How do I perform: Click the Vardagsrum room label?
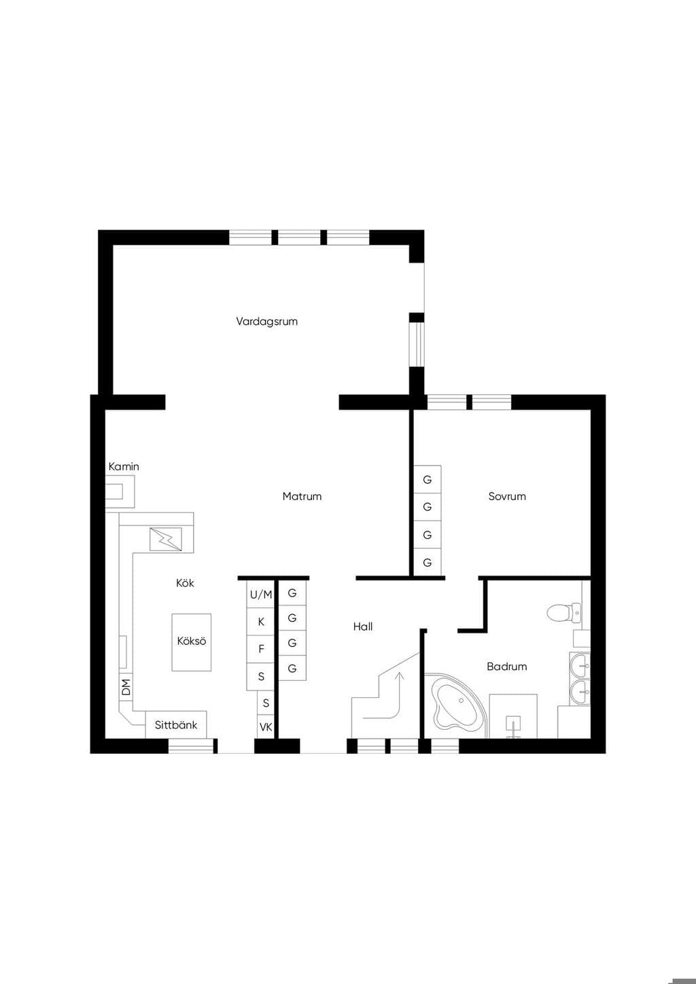266,321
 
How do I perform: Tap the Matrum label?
302,496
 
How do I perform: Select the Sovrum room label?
507,496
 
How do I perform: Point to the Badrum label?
506,667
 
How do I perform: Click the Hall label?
363,627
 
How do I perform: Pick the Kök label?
185,583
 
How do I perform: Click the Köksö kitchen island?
191,642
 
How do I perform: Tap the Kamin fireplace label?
124,467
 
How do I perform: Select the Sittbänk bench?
176,724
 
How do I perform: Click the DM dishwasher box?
126,687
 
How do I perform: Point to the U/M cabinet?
260,595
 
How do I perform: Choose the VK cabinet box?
266,727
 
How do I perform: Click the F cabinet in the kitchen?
260,649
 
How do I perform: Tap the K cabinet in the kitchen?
260,622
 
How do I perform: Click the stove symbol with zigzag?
166,540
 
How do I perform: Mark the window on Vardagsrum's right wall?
417,345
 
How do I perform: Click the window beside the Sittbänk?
191,745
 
